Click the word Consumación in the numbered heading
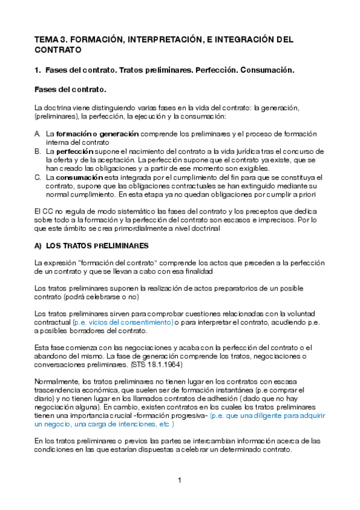(x=267, y=70)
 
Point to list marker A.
(x=37, y=134)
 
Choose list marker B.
(x=37, y=152)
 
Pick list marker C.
(x=37, y=177)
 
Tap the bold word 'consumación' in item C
(x=80, y=177)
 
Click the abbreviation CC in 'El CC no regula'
(x=46, y=212)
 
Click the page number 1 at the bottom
(x=180, y=480)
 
